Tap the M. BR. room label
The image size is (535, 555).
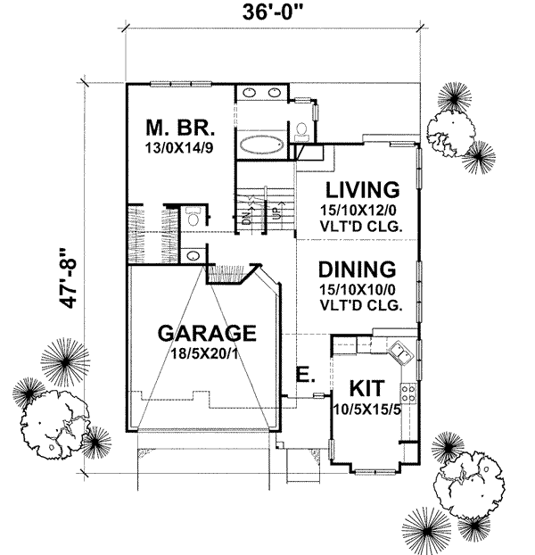pyautogui.click(x=182, y=127)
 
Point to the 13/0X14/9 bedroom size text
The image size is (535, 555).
pyautogui.click(x=182, y=147)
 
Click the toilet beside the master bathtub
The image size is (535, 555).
pyautogui.click(x=300, y=132)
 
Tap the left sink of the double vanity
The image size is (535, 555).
pyautogui.click(x=251, y=95)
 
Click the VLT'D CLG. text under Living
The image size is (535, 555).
pyautogui.click(x=361, y=226)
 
